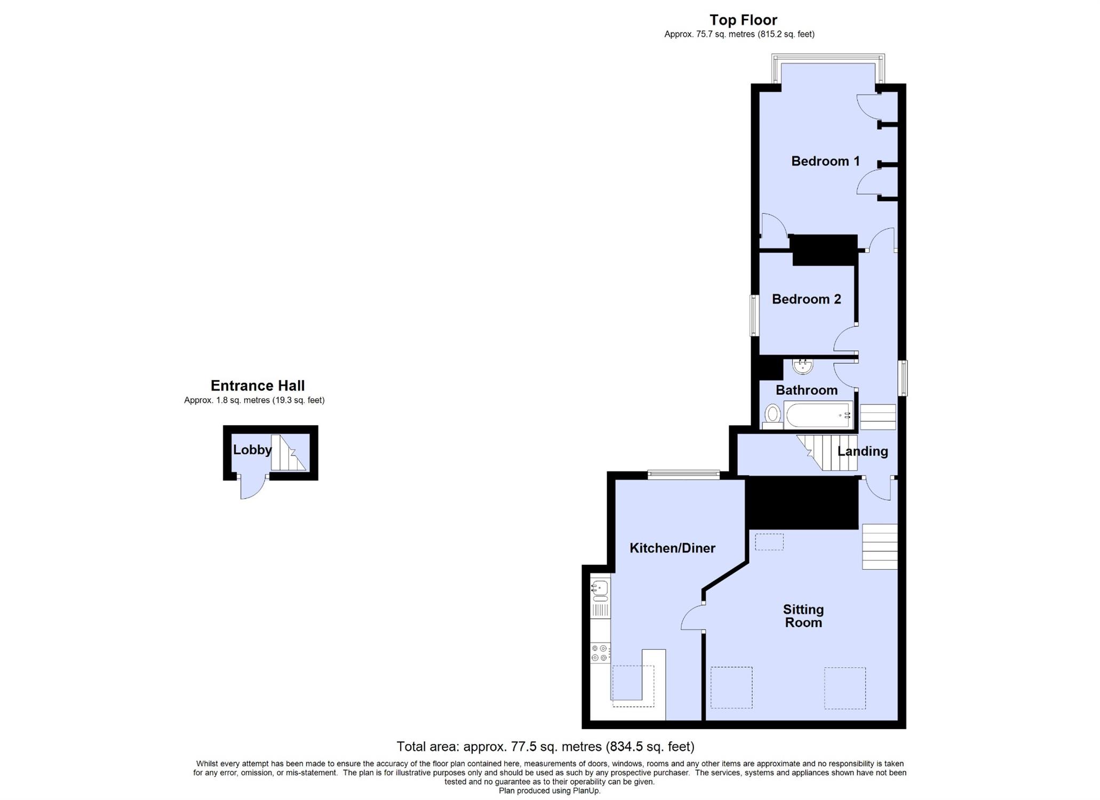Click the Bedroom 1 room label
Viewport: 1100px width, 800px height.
pos(825,161)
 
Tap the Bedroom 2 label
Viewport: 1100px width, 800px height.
pos(806,299)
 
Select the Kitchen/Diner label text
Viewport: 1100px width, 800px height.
pos(672,548)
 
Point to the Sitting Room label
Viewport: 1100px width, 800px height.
pos(803,616)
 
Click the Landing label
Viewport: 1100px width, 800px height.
pos(862,451)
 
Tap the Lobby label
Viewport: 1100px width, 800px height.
pos(252,450)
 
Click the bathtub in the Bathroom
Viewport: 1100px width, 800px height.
pos(819,415)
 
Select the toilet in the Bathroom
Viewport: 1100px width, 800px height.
pos(772,416)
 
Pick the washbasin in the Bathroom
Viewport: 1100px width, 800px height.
pos(802,366)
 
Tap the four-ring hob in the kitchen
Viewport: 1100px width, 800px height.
pos(600,653)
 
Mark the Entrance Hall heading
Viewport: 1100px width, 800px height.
pos(258,386)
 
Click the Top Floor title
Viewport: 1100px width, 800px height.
pos(743,20)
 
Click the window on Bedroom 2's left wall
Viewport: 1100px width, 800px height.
pos(754,315)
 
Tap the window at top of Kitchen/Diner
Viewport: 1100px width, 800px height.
pos(683,475)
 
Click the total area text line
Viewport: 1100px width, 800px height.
pos(545,747)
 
